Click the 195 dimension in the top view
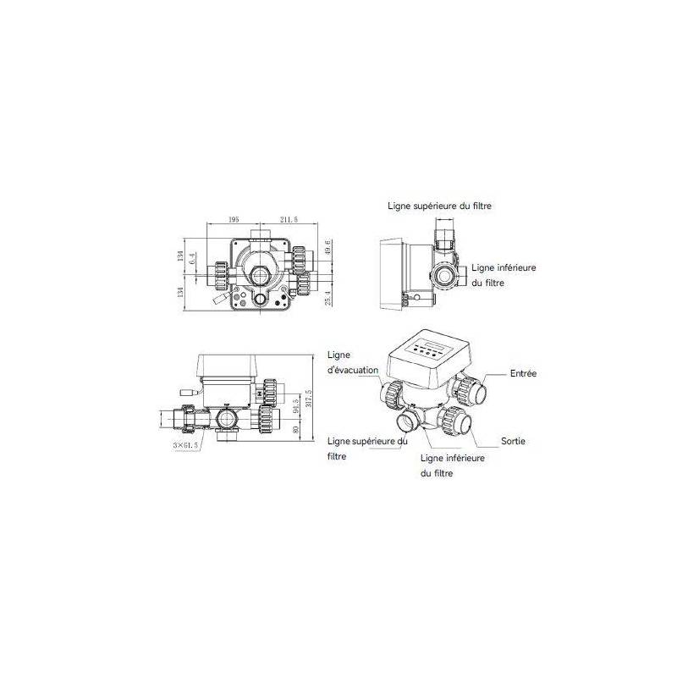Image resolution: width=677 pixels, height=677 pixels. click(233, 219)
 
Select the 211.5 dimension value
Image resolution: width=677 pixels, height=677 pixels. click(288, 219)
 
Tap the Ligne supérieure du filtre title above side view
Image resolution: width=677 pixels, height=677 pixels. click(439, 206)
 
